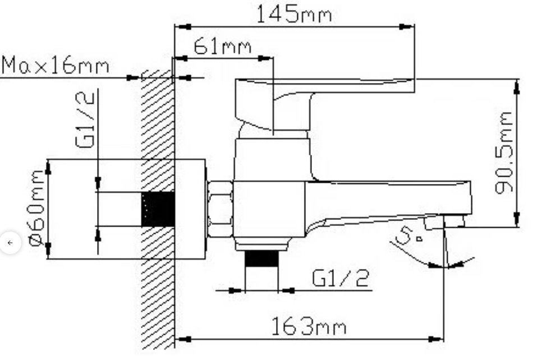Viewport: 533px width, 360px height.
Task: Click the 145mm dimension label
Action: [293, 14]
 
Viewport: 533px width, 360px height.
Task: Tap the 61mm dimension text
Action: [223, 46]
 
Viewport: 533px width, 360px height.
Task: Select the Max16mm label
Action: [56, 65]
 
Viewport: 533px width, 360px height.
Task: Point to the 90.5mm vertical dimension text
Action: [503, 153]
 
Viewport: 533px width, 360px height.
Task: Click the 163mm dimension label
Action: [309, 326]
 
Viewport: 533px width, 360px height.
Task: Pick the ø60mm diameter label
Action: [37, 208]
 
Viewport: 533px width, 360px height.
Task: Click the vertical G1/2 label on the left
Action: [85, 120]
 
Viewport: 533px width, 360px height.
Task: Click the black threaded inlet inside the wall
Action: [158, 209]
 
